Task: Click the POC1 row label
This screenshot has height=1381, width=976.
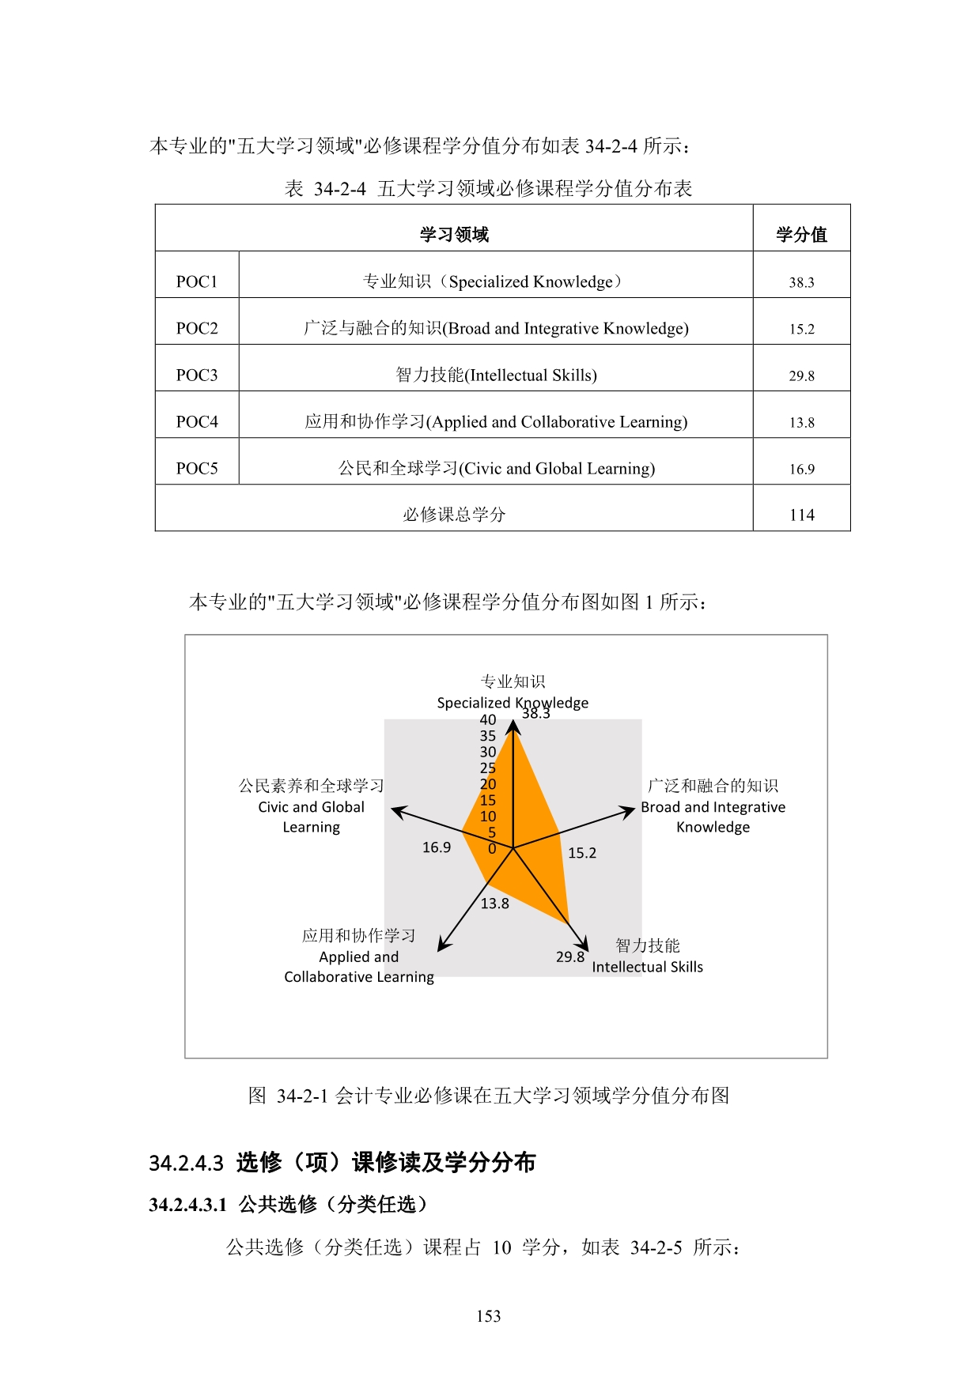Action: coord(196,281)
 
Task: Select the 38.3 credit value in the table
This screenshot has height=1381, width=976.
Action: coord(801,282)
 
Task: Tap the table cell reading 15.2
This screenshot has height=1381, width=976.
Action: coord(801,329)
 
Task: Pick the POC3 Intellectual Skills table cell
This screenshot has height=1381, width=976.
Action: coord(496,375)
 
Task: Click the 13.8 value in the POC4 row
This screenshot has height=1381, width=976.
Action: coord(801,422)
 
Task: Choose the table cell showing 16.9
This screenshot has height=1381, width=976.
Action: coord(801,469)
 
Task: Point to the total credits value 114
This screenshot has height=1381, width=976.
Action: coord(801,515)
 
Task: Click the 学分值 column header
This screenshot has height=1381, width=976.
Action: coord(801,234)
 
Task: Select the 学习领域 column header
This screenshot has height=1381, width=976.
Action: coord(454,234)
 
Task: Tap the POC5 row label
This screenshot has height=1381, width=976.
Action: coord(196,468)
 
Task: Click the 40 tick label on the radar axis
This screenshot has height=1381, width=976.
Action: coord(488,719)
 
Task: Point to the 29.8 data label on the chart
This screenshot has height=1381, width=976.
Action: coord(569,957)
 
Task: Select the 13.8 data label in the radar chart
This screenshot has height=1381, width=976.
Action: coord(495,903)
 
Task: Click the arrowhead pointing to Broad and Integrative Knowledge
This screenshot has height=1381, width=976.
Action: coord(630,810)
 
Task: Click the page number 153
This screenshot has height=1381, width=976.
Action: coord(488,1316)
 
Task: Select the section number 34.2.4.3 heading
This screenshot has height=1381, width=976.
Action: coord(187,1163)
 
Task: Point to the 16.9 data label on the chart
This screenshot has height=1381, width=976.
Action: coord(436,847)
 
